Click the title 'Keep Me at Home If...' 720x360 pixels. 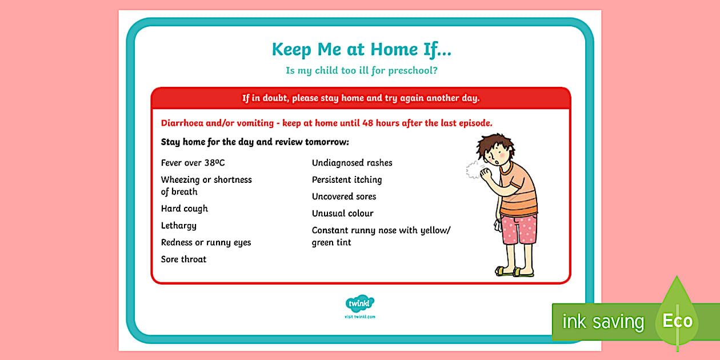[x=361, y=50]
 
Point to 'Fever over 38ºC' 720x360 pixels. [x=193, y=163]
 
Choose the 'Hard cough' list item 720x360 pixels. [x=184, y=209]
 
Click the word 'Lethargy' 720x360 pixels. [x=178, y=226]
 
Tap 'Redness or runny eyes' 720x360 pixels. [x=206, y=242]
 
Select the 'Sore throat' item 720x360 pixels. [x=183, y=259]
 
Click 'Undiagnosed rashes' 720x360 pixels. [x=352, y=163]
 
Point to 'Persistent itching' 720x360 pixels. [x=347, y=179]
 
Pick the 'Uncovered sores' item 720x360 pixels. [x=344, y=197]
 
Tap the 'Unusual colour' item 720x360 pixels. [x=342, y=213]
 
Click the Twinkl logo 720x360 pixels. [x=360, y=303]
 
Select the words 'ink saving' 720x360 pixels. [x=602, y=322]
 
